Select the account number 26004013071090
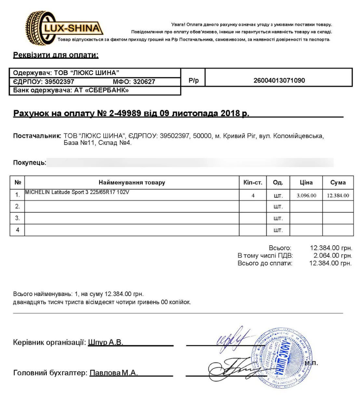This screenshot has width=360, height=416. pyautogui.click(x=279, y=81)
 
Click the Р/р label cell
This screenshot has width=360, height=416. pyautogui.click(x=193, y=81)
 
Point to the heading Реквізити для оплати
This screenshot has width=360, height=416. pyautogui.click(x=56, y=55)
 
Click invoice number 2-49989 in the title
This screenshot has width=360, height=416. pyautogui.click(x=125, y=113)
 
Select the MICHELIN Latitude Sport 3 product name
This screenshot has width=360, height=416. pyautogui.click(x=77, y=192)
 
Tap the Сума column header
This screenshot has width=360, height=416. pyautogui.click(x=338, y=183)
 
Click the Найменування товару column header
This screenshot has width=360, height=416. pyautogui.click(x=132, y=183)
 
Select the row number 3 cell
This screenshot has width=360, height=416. pyautogui.click(x=18, y=218)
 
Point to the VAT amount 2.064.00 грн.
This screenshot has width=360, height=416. pyautogui.click(x=332, y=256)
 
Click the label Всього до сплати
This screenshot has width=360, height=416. pyautogui.click(x=265, y=263)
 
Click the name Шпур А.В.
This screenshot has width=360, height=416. pyautogui.click(x=106, y=342)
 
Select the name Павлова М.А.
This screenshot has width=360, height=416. pyautogui.click(x=113, y=373)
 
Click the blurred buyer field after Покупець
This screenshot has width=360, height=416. pyautogui.click(x=190, y=162)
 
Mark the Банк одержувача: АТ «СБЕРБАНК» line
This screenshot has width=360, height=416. pyautogui.click(x=71, y=90)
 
